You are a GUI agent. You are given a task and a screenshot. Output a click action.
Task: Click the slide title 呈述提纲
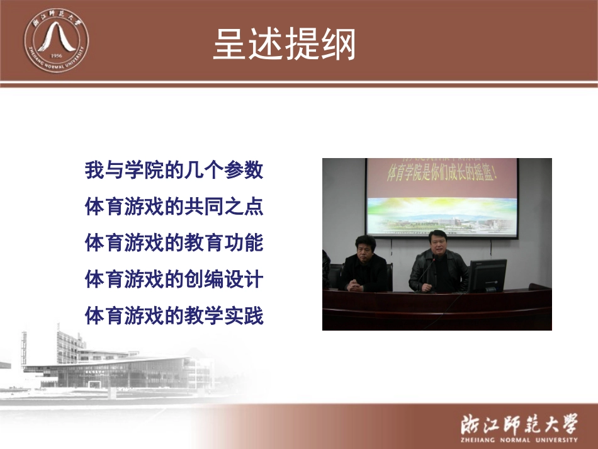click(x=285, y=43)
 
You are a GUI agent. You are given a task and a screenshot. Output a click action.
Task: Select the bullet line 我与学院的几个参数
click(x=174, y=170)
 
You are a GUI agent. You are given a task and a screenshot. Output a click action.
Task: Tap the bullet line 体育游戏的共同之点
click(x=174, y=207)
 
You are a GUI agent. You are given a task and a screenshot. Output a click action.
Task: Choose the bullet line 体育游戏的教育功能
click(x=174, y=243)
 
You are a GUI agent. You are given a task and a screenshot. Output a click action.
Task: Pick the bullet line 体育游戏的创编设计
click(x=174, y=279)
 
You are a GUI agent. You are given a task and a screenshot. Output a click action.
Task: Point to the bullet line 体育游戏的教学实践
click(x=174, y=315)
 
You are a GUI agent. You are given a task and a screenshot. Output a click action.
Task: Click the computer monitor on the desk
click(x=487, y=276)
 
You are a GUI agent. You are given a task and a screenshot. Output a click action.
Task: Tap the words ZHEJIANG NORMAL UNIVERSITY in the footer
click(x=518, y=440)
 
